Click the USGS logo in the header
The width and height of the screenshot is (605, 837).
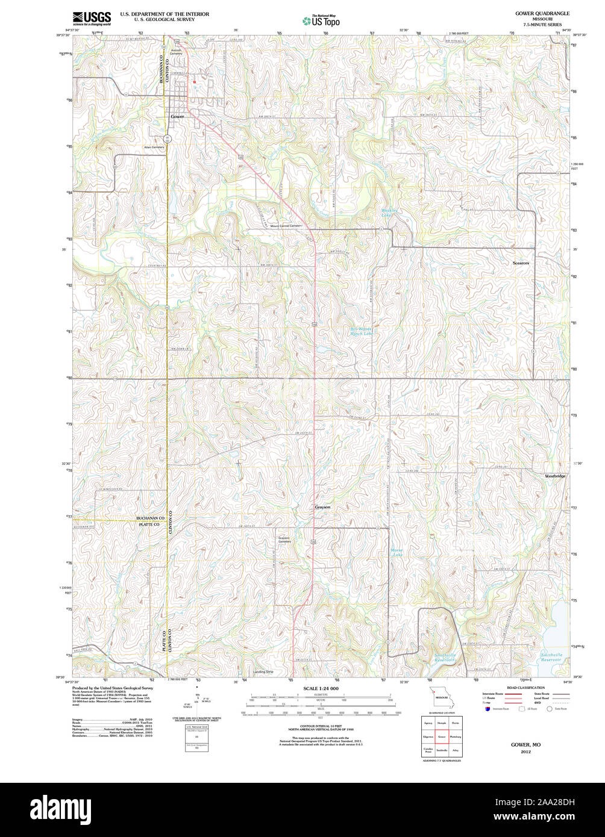pyautogui.click(x=92, y=18)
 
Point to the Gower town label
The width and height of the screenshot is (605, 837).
pyautogui.click(x=177, y=116)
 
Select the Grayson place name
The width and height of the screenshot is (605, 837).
pyautogui.click(x=322, y=507)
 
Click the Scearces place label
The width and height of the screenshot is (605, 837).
pyautogui.click(x=521, y=263)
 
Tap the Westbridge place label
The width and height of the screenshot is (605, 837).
pyautogui.click(x=555, y=476)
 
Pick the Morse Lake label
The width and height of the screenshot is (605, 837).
pyautogui.click(x=397, y=552)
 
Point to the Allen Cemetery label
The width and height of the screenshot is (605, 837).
pyautogui.click(x=154, y=147)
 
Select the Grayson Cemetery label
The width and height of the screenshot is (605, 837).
pyautogui.click(x=284, y=540)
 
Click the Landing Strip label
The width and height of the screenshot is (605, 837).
pyautogui.click(x=263, y=671)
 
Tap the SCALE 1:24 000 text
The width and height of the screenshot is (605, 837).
pyautogui.click(x=321, y=688)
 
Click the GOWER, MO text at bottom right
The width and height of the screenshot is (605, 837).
pyautogui.click(x=525, y=744)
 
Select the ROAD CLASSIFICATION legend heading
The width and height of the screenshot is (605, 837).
pyautogui.click(x=525, y=688)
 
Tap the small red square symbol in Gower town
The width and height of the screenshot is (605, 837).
pyautogui.click(x=195, y=82)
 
